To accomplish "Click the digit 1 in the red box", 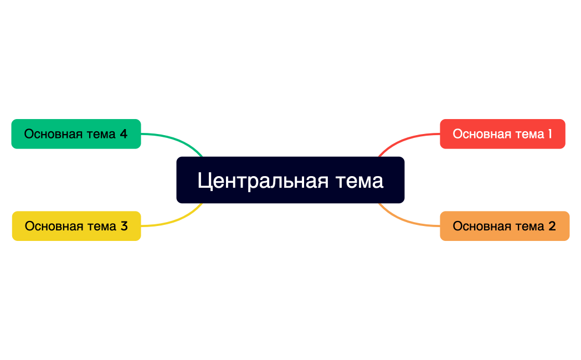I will coord(549,134).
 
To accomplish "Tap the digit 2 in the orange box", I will coord(552,227).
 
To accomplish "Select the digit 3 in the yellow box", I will coord(124,227).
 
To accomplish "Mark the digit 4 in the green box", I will coord(124,134).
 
